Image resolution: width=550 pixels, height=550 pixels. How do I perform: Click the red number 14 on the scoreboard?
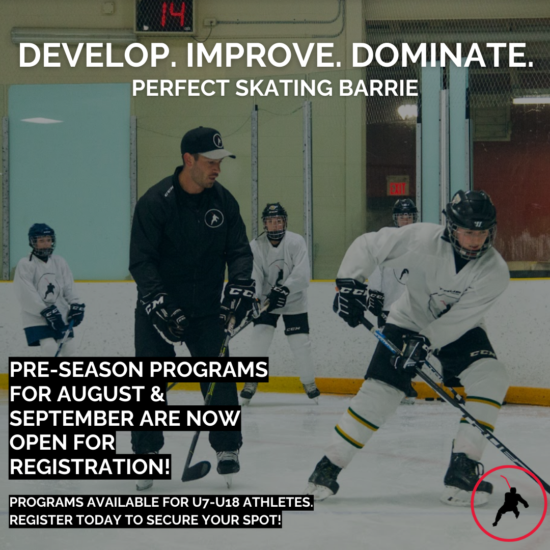pos(173,15)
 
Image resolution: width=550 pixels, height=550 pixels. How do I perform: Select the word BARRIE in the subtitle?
pos(378,88)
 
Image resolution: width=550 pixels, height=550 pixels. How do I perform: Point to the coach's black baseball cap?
pos(206,143)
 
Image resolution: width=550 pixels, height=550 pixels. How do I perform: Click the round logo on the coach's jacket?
pos(214,218)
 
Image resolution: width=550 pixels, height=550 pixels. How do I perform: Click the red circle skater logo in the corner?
pos(509,503)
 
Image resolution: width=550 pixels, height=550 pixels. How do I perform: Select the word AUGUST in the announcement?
pos(101,394)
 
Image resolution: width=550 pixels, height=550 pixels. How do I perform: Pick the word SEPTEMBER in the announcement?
pos(72,418)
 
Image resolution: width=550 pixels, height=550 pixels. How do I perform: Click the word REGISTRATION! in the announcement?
pos(90,466)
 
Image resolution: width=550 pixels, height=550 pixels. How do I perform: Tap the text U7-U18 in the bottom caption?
pos(215,502)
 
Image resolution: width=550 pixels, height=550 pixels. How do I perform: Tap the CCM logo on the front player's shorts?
pos(483,354)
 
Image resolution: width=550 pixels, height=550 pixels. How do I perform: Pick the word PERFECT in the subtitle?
pos(181,88)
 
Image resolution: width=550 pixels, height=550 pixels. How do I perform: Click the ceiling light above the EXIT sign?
pos(407,112)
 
